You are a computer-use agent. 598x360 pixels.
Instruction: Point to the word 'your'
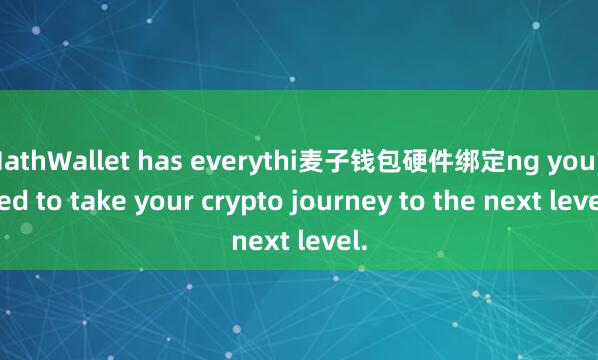(x=154, y=202)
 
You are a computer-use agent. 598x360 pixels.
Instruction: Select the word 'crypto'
(x=226, y=202)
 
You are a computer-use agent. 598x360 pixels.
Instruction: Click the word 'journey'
(x=316, y=202)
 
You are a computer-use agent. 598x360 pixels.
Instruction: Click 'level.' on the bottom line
(x=329, y=241)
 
